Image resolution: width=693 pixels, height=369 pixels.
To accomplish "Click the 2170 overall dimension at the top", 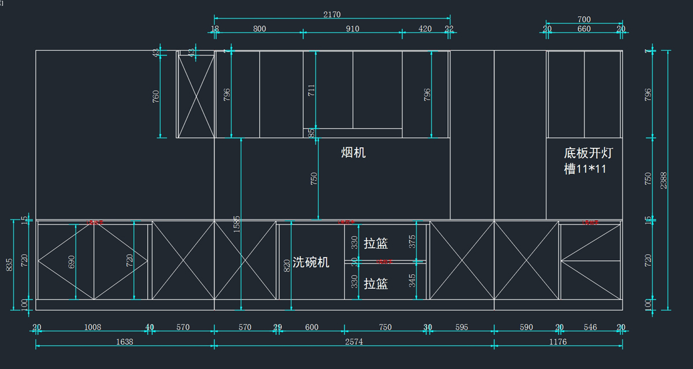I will (332, 14).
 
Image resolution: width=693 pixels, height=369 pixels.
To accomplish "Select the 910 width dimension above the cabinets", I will (352, 29).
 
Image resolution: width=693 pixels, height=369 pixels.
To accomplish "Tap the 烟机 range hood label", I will (353, 152).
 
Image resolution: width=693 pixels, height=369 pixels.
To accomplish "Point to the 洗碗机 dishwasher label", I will (311, 262).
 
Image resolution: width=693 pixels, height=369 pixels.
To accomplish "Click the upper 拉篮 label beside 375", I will (376, 244).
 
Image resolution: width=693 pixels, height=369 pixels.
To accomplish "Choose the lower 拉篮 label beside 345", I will (376, 284).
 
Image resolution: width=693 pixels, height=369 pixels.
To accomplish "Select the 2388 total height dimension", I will (664, 180).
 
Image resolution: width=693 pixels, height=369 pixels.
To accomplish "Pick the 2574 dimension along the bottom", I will (353, 342).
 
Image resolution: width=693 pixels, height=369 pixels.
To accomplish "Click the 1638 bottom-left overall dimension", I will (124, 342).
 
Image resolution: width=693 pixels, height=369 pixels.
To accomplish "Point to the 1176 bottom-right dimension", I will (558, 342).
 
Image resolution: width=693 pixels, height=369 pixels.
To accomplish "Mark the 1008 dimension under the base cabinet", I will (92, 327).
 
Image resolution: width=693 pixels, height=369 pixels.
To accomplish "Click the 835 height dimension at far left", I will (9, 264).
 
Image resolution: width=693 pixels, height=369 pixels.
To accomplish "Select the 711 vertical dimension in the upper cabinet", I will (312, 90).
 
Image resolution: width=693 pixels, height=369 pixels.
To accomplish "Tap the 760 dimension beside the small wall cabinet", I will (156, 96).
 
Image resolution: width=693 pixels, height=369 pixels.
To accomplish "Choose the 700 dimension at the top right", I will (584, 20).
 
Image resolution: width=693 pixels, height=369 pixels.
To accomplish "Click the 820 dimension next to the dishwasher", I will (287, 266).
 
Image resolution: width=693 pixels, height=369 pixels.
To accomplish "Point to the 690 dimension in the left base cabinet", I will (72, 262).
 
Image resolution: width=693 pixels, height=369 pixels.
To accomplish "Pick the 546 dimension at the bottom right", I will (590, 327).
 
